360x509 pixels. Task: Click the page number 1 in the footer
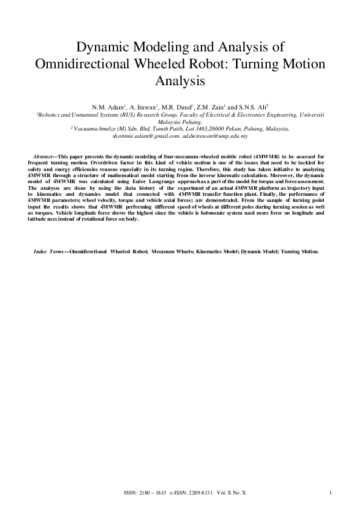click(331, 494)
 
